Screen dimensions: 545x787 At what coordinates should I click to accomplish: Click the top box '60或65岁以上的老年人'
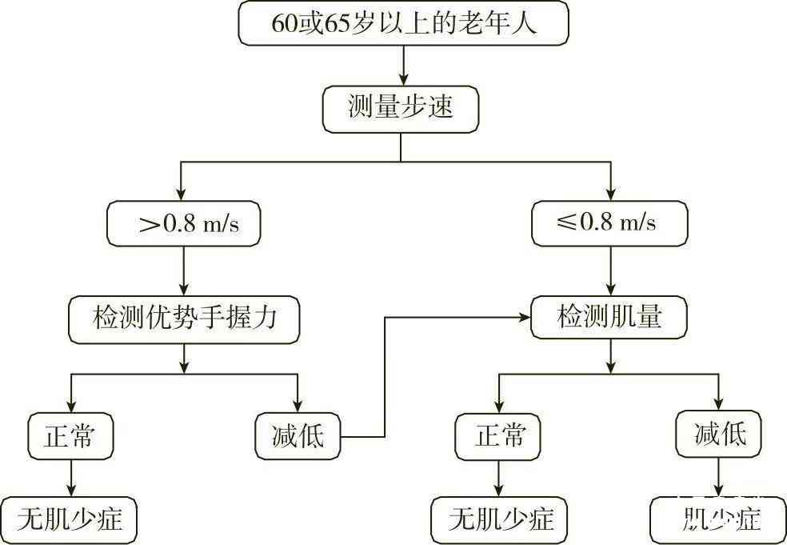404,25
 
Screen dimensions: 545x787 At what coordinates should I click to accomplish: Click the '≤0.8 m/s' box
610,222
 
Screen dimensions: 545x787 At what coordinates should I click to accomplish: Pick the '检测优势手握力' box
185,319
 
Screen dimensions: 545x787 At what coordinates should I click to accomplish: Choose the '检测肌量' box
610,319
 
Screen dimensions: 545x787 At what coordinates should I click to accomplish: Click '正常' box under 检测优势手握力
70,436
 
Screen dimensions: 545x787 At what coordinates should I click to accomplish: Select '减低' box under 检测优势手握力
298,436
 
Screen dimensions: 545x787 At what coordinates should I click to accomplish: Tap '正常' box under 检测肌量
499,436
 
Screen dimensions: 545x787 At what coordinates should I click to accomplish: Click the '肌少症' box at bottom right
717,521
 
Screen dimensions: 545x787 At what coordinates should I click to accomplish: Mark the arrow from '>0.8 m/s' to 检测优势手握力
185,270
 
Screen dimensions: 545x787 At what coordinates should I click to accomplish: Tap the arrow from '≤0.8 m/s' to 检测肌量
612,270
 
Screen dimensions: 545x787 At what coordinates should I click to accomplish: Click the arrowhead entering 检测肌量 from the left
525,319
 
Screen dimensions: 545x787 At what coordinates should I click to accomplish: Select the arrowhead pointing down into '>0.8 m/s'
182,194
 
